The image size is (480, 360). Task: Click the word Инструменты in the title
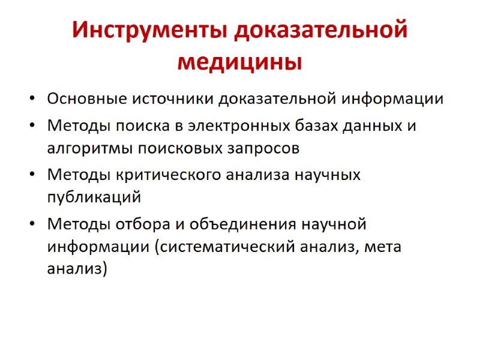pyautogui.click(x=150, y=31)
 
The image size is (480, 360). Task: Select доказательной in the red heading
pyautogui.click(x=321, y=31)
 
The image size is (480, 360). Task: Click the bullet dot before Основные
pyautogui.click(x=31, y=99)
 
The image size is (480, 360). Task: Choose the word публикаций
pyautogui.click(x=93, y=196)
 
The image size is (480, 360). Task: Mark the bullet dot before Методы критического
pyautogui.click(x=31, y=176)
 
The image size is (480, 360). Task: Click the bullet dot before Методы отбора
pyautogui.click(x=31, y=225)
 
